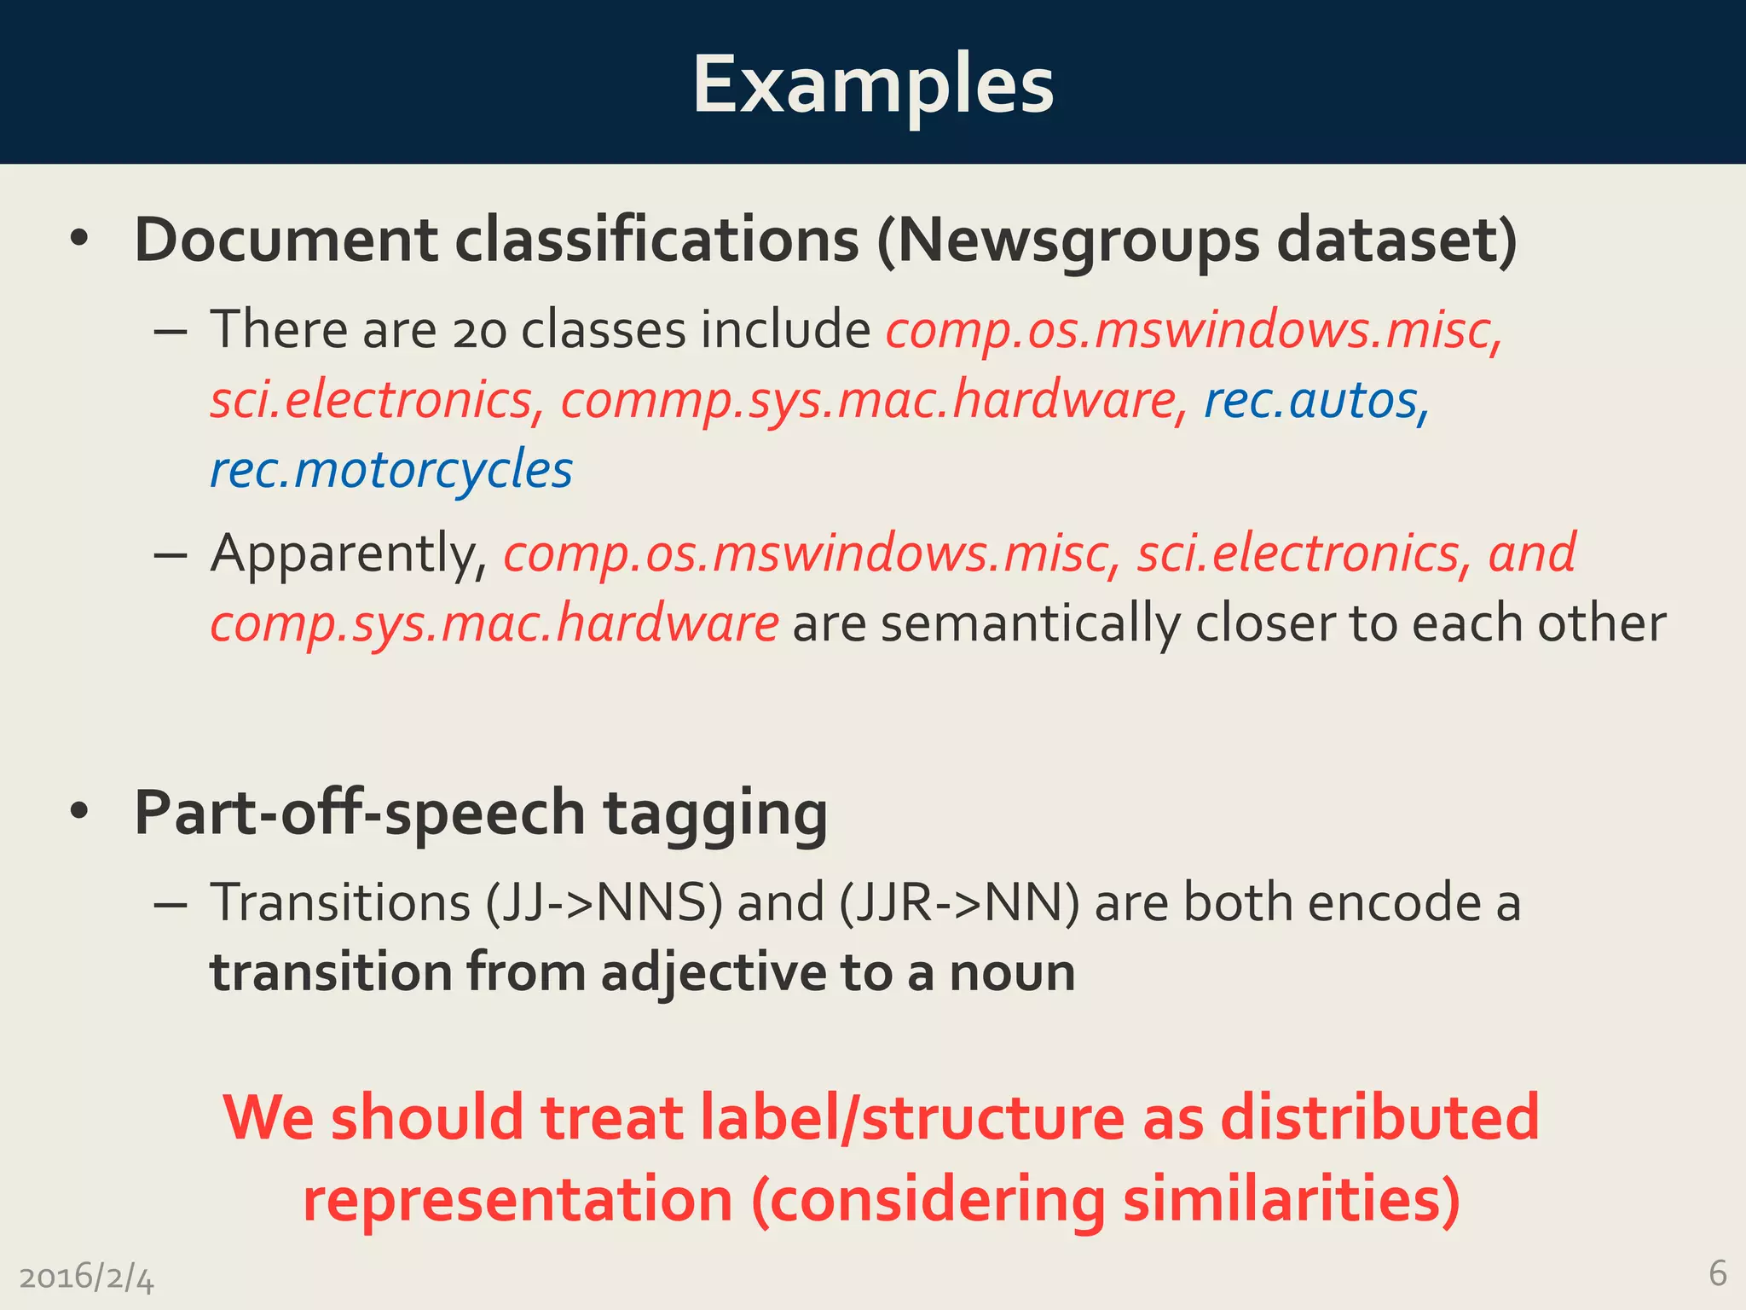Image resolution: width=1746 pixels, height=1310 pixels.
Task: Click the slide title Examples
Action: point(873,85)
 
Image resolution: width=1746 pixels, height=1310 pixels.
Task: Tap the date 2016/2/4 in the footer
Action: point(86,1278)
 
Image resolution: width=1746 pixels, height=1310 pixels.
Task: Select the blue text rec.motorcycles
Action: point(391,470)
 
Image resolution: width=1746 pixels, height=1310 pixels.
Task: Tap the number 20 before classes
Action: point(479,330)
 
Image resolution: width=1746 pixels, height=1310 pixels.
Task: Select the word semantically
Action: point(1030,623)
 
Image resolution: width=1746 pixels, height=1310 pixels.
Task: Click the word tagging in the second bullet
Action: point(715,813)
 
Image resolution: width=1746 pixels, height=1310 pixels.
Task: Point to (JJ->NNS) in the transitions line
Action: point(604,902)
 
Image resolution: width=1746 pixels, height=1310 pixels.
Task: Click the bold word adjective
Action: point(714,973)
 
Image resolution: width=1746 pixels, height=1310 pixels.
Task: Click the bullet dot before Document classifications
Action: point(79,240)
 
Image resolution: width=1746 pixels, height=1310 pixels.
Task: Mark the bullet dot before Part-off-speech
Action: point(79,812)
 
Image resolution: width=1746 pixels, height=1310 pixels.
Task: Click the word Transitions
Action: point(340,902)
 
